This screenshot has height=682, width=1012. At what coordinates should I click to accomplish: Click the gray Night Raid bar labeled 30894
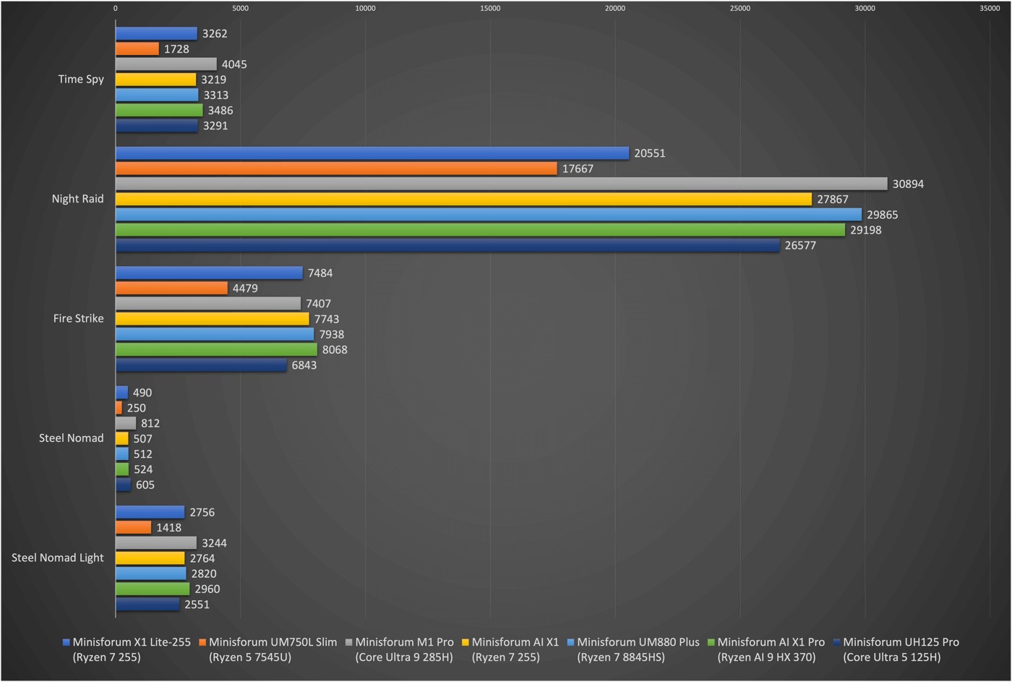501,184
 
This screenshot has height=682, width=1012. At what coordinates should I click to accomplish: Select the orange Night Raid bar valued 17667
336,169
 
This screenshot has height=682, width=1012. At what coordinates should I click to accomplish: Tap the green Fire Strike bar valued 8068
216,350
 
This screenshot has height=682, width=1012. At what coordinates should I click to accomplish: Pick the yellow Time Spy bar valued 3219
155,80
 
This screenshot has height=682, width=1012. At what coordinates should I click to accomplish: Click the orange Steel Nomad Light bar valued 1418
133,528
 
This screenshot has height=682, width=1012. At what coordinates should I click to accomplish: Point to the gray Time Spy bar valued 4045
166,64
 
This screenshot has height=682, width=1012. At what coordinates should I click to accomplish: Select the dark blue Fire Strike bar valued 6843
201,365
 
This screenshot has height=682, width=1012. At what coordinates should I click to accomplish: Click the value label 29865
882,215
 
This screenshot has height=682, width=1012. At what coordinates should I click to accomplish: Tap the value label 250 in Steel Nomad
136,408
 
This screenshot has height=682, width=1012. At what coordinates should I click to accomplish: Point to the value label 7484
320,273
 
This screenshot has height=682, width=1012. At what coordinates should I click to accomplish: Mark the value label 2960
207,589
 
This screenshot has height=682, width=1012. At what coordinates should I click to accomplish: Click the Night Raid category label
77,199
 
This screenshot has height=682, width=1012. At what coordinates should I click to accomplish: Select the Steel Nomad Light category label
57,558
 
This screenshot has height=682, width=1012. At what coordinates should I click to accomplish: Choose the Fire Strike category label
78,318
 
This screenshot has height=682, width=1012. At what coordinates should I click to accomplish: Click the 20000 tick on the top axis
614,9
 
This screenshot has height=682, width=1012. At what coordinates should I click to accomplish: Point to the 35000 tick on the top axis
989,9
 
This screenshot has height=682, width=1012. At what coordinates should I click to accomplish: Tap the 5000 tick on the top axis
240,9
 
